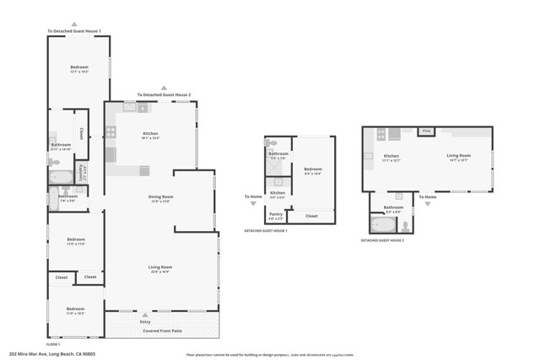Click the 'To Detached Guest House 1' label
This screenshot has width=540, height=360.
[x=74, y=31]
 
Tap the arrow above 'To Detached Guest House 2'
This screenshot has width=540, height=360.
[x=165, y=88]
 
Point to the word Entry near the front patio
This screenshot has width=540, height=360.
[x=145, y=321]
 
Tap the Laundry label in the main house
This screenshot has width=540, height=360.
[x=81, y=173]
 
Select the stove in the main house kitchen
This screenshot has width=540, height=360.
[x=110, y=132]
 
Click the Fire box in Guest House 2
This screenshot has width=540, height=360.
[x=427, y=131]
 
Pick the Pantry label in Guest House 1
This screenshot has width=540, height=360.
[x=276, y=214]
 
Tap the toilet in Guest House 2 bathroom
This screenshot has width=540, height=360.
[x=404, y=225]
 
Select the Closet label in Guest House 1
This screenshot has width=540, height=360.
[x=311, y=216]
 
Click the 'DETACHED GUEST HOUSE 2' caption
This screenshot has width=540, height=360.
[x=382, y=240]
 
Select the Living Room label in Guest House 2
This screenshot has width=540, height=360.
[x=458, y=155]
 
